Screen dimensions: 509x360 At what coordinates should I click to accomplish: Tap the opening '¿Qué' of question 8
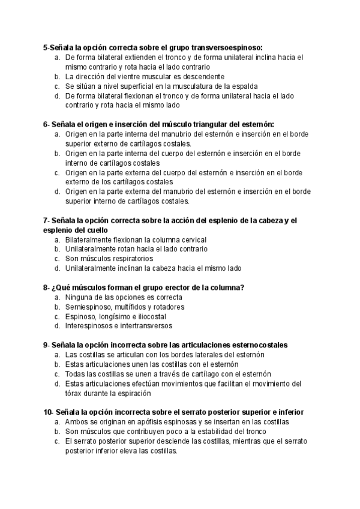tap(57, 288)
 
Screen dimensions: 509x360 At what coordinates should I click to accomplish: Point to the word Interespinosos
tap(90, 326)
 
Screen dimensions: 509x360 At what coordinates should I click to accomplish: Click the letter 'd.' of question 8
tap(57, 326)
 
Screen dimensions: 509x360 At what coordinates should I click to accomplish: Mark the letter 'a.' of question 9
tap(57, 355)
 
